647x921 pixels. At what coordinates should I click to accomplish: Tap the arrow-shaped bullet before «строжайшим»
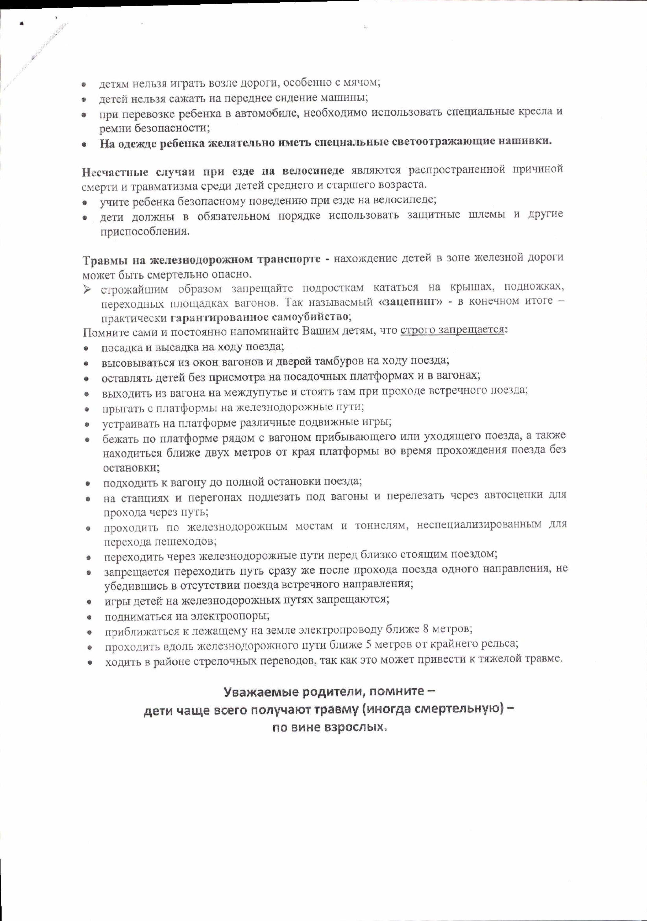tap(87, 289)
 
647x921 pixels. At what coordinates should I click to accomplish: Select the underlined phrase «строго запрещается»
tap(452, 330)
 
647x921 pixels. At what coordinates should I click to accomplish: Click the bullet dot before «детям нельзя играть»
tap(84, 85)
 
